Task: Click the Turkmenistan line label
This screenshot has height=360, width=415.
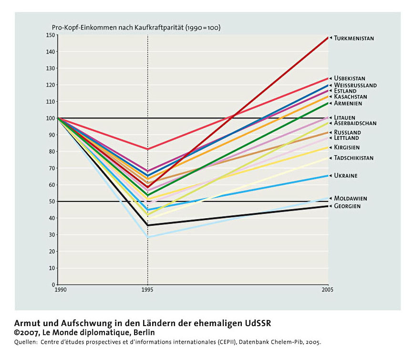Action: [x=354, y=38]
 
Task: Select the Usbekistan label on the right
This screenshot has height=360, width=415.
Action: [x=349, y=78]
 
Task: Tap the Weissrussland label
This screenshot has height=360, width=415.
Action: [x=355, y=85]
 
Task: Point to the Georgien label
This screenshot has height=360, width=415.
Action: [x=347, y=206]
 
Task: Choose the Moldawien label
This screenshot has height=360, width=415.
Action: [x=351, y=199]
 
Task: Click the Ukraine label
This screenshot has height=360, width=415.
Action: [x=346, y=176]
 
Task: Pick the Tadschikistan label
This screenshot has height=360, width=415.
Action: [x=353, y=158]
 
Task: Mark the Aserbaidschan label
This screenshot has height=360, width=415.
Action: [x=355, y=123]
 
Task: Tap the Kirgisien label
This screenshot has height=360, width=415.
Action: [x=347, y=147]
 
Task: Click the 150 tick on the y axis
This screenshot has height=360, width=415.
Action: [x=50, y=35]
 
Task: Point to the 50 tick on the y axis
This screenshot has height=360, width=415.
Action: [x=52, y=201]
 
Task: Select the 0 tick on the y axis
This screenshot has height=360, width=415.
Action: [x=53, y=285]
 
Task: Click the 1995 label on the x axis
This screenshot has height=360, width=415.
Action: [x=147, y=290]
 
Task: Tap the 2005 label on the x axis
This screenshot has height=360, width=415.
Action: [x=327, y=290]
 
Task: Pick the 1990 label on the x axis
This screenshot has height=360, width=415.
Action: [x=61, y=290]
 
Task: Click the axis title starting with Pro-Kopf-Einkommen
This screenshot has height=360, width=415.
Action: [x=136, y=28]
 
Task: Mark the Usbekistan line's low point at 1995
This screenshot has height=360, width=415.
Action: [x=148, y=149]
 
